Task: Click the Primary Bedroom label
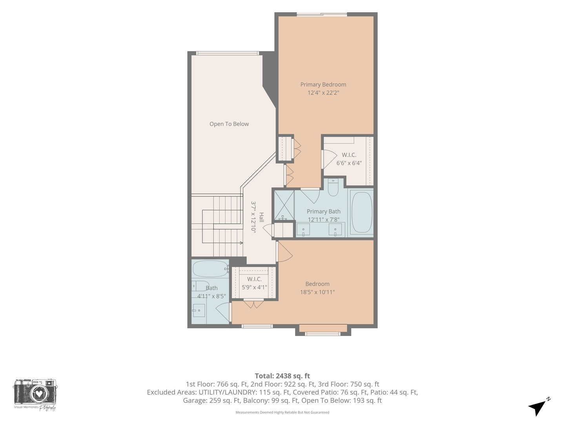pos(323,84)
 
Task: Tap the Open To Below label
pos(229,124)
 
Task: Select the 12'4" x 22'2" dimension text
pos(323,93)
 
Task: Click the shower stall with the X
pos(284,205)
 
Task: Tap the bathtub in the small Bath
pos(211,269)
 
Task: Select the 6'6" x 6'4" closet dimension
pos(349,163)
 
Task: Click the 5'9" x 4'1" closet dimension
pos(254,287)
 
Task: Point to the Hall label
pos(261,217)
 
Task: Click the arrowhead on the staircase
pos(241,243)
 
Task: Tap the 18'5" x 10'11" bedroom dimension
pos(317,292)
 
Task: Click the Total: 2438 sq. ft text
pos(282,376)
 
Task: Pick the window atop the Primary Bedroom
pos(322,15)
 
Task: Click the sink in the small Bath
pos(199,311)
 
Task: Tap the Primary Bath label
pos(324,211)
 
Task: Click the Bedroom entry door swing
pos(285,252)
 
